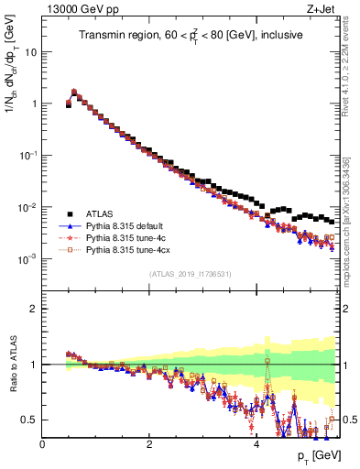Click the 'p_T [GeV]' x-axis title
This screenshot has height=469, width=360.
317,455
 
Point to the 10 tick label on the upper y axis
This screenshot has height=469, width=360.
30,52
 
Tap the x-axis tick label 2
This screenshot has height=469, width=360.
149,443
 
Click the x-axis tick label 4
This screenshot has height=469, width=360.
256,443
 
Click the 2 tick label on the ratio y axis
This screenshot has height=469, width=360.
34,309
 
